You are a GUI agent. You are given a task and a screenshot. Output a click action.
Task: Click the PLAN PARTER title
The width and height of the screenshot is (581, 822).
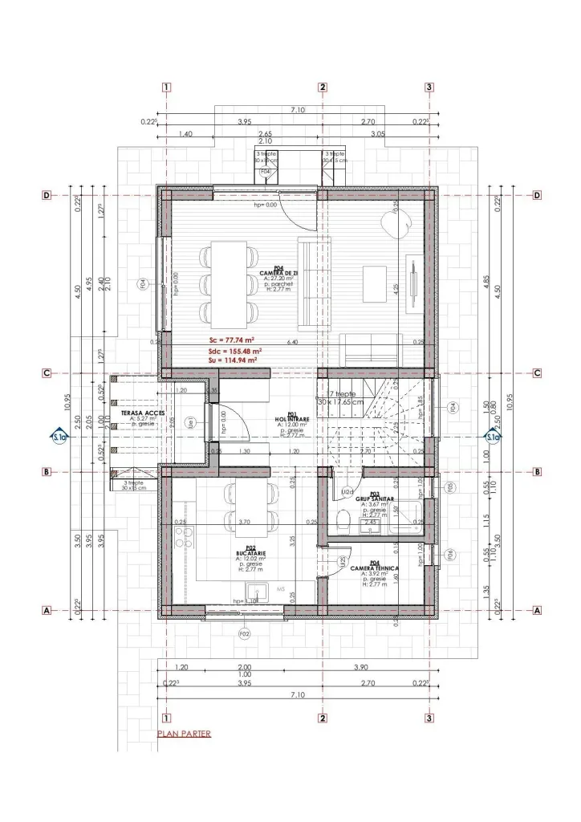184,734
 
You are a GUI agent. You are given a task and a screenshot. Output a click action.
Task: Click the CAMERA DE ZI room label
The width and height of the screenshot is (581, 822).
278,273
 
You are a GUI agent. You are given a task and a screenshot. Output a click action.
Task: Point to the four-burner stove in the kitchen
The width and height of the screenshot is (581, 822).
179,537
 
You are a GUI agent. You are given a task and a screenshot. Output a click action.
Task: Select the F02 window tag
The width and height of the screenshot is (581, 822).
243,634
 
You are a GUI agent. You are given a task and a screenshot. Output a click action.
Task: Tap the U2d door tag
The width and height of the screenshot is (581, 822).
347,491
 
